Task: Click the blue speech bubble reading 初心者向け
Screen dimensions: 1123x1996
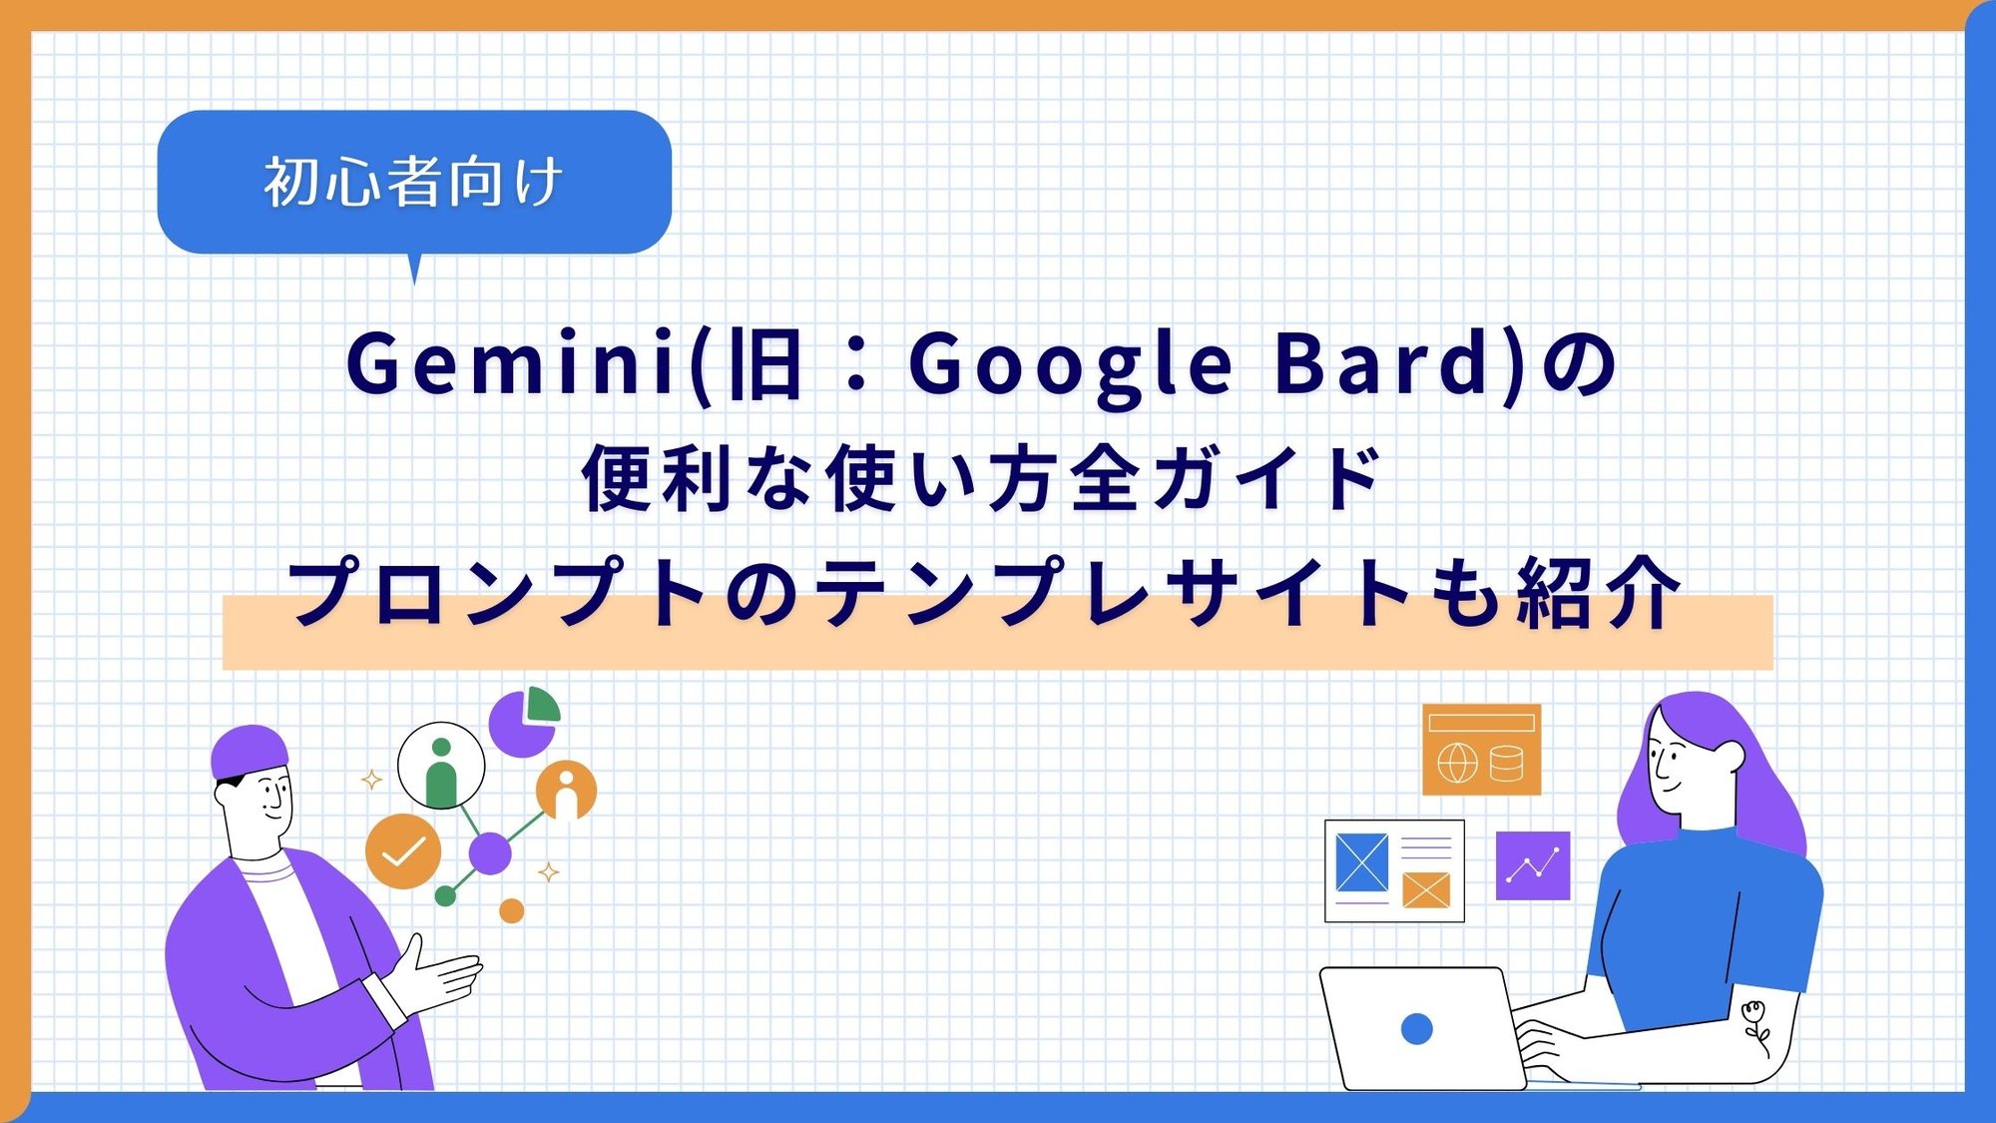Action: tap(413, 182)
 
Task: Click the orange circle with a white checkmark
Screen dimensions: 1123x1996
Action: tap(403, 851)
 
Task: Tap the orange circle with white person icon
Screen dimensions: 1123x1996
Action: tap(566, 791)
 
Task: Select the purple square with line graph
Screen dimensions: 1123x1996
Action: tap(1532, 865)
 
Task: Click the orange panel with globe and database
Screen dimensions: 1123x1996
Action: tap(1481, 749)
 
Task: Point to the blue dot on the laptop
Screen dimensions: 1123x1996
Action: tap(1416, 1028)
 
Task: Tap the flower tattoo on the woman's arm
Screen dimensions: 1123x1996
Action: tap(1754, 1023)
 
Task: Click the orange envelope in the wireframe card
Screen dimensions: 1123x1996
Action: tap(1425, 889)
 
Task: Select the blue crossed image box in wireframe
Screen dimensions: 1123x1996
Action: tap(1361, 861)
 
